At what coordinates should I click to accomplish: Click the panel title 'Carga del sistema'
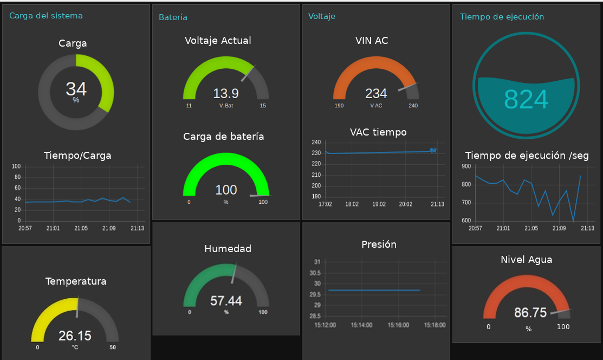pyautogui.click(x=46, y=16)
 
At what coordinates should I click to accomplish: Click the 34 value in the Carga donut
pyautogui.click(x=76, y=89)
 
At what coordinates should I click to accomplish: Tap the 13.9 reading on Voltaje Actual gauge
pyautogui.click(x=225, y=94)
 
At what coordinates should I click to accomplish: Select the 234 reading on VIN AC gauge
pyautogui.click(x=376, y=94)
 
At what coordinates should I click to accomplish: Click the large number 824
pyautogui.click(x=526, y=99)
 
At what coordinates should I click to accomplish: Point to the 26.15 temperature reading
pyautogui.click(x=75, y=336)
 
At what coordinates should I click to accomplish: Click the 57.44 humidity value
pyautogui.click(x=226, y=301)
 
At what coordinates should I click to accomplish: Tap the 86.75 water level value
pyautogui.click(x=530, y=313)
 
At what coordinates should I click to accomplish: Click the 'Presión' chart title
pyautogui.click(x=379, y=245)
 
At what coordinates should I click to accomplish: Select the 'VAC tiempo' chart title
pyautogui.click(x=378, y=132)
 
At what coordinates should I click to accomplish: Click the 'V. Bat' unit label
pyautogui.click(x=226, y=106)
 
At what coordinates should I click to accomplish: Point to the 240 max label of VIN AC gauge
pyautogui.click(x=413, y=106)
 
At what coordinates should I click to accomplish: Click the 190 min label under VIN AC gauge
pyautogui.click(x=339, y=106)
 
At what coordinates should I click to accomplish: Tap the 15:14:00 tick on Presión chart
pyautogui.click(x=361, y=325)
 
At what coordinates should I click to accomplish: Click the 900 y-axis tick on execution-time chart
pyautogui.click(x=466, y=166)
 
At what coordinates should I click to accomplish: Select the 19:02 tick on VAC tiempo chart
pyautogui.click(x=379, y=204)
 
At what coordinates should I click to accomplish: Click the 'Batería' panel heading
pyautogui.click(x=173, y=17)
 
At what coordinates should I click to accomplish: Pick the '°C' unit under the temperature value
pyautogui.click(x=75, y=347)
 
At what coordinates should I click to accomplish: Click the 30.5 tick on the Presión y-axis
pyautogui.click(x=315, y=273)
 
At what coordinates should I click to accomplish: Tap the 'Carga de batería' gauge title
pyautogui.click(x=223, y=137)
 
